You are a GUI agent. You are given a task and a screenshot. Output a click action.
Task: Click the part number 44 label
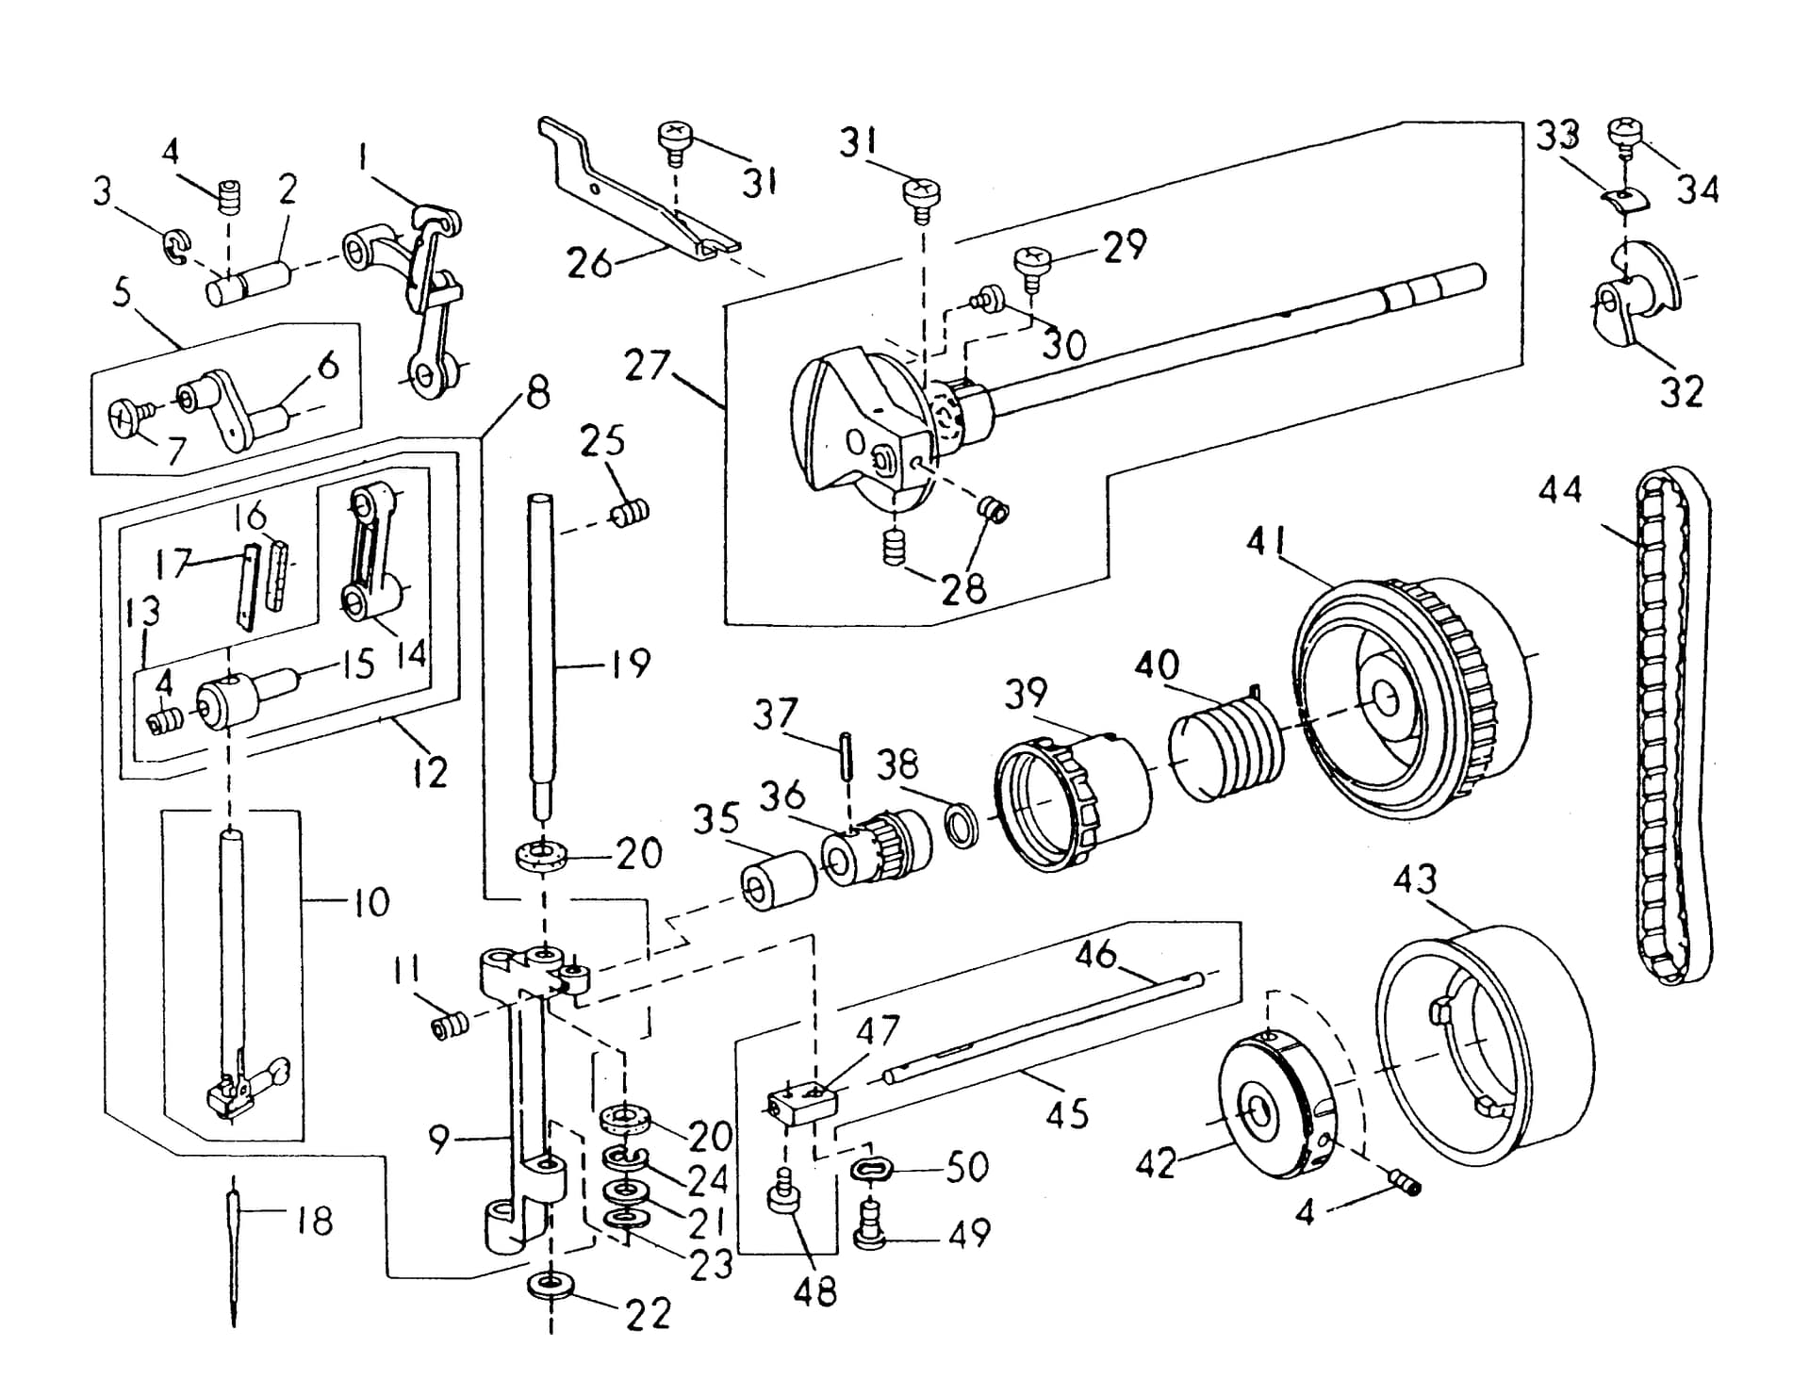pos(1561,490)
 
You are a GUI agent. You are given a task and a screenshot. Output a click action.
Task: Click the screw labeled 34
pos(1625,139)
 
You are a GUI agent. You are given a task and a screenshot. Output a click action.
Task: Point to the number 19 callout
pos(631,664)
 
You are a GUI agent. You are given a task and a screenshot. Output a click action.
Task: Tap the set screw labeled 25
pos(630,514)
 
